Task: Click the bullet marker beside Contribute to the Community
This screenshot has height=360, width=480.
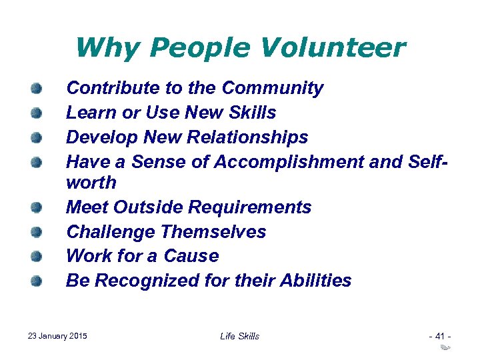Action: click(x=37, y=88)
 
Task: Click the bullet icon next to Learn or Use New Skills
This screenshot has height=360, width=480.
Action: click(x=37, y=113)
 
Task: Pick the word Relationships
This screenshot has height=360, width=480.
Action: click(x=249, y=137)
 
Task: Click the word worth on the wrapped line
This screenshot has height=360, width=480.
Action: click(x=91, y=183)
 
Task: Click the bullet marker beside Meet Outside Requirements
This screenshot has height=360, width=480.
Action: click(x=37, y=207)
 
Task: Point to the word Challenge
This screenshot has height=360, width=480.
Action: click(x=111, y=232)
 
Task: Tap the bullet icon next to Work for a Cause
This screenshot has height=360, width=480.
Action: click(x=37, y=256)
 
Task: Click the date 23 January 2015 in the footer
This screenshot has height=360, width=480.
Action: click(x=58, y=336)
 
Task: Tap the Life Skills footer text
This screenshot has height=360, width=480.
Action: click(x=239, y=336)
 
